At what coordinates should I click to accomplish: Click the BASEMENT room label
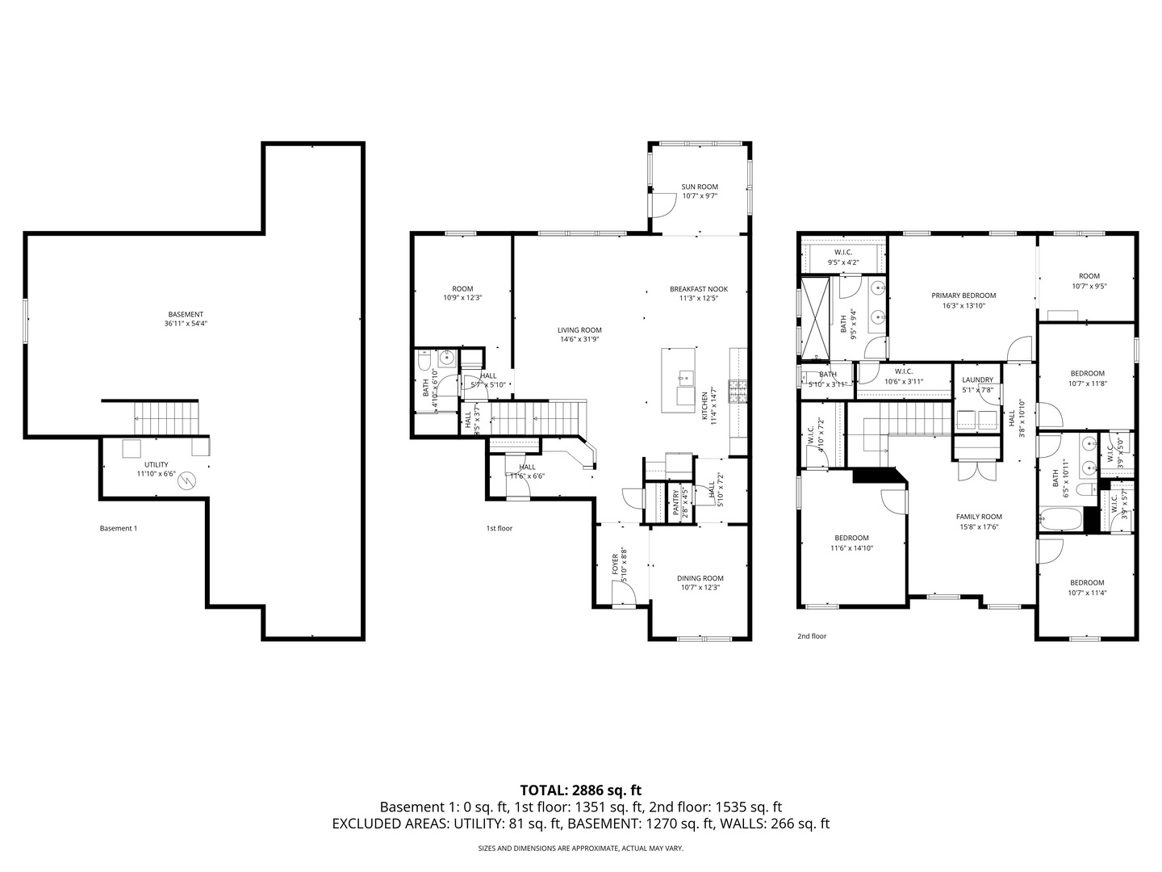click(186, 315)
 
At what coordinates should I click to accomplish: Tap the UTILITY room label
click(156, 465)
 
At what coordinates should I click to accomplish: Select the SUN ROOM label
click(699, 187)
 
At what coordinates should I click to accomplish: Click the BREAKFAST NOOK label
click(698, 289)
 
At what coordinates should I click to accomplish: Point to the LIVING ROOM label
click(579, 329)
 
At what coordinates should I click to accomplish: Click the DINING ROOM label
click(700, 578)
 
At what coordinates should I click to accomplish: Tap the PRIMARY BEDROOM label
click(963, 296)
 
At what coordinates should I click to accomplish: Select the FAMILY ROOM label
click(978, 517)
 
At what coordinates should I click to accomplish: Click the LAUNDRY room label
click(977, 379)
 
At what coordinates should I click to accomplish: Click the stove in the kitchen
click(738, 392)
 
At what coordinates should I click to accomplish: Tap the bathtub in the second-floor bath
click(1060, 518)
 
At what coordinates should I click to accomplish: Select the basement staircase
click(165, 418)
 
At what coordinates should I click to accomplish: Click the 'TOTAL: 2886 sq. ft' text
click(581, 790)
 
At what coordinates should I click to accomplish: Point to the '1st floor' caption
click(499, 528)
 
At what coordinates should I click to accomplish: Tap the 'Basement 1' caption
click(119, 528)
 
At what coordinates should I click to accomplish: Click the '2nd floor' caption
click(812, 635)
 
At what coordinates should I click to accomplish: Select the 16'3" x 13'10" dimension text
click(963, 306)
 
